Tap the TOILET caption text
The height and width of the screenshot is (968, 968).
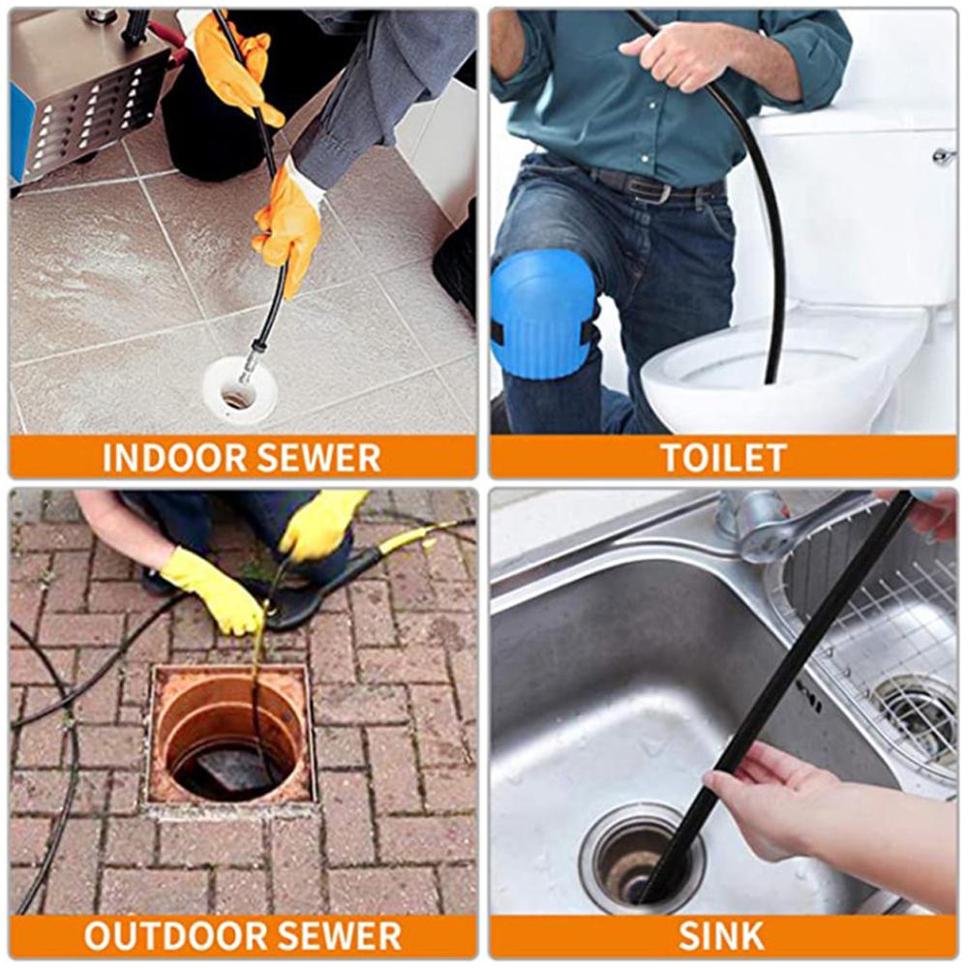coord(723,458)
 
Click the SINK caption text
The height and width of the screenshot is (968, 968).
coord(721,936)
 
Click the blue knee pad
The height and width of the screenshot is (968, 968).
coord(542,315)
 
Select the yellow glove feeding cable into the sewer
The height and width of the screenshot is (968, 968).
coord(212,590)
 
